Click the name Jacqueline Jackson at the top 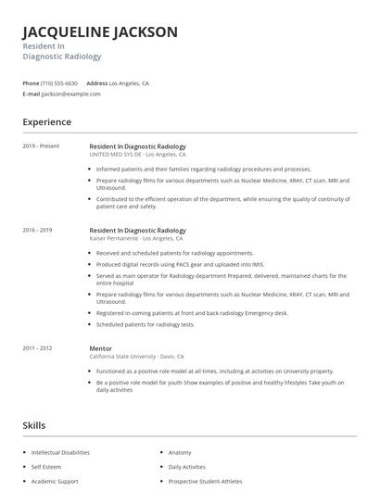tap(100, 31)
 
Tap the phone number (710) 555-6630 tap(59, 83)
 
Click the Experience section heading tap(47, 122)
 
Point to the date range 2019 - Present tap(41, 146)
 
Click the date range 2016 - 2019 tap(38, 230)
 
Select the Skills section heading tap(34, 425)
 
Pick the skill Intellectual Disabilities tap(60, 452)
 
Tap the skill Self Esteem tap(46, 467)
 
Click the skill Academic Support tap(55, 482)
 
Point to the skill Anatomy tap(180, 452)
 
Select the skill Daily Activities tap(187, 467)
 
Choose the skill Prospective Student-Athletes tap(206, 482)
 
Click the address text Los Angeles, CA tap(129, 83)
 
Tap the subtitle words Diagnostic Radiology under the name tap(62, 57)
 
